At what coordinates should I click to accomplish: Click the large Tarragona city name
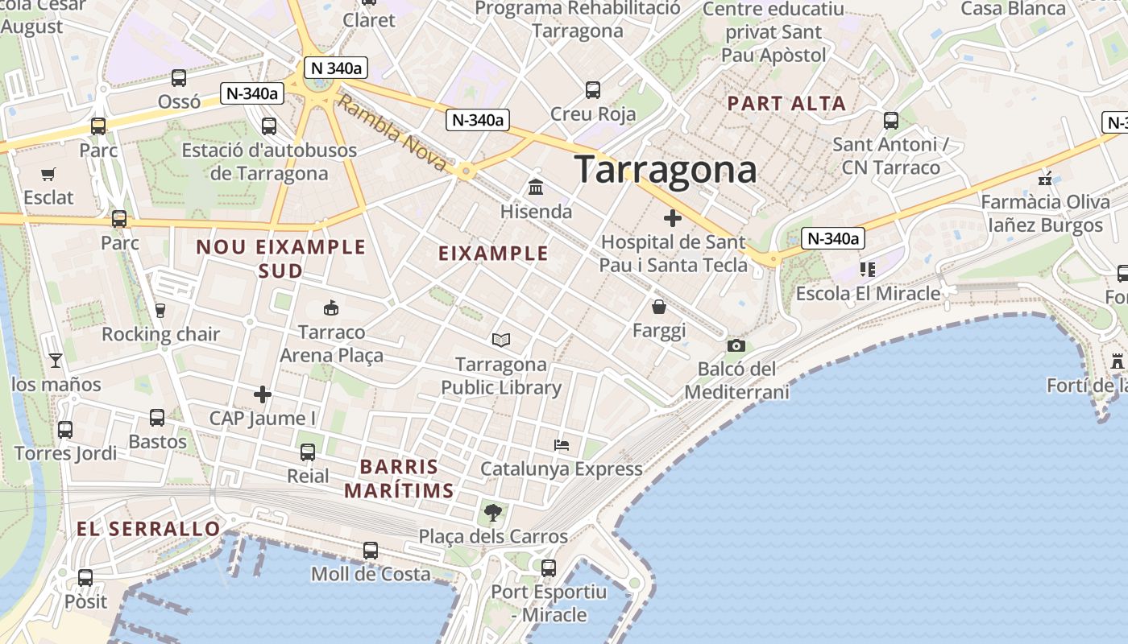pyautogui.click(x=666, y=170)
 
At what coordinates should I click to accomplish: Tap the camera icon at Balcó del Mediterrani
pyautogui.click(x=736, y=345)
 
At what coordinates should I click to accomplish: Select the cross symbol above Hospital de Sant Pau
pyautogui.click(x=673, y=218)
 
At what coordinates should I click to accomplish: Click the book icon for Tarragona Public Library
pyautogui.click(x=501, y=341)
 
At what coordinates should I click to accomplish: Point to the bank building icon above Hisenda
pyautogui.click(x=535, y=188)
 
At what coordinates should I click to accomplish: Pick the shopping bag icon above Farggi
pyautogui.click(x=659, y=307)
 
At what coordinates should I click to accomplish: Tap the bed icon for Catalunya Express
pyautogui.click(x=562, y=444)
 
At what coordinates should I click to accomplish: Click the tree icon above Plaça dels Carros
pyautogui.click(x=492, y=512)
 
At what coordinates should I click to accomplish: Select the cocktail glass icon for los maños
pyautogui.click(x=55, y=360)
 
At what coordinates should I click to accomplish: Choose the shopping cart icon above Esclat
pyautogui.click(x=48, y=174)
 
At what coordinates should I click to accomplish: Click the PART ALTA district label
pyautogui.click(x=786, y=103)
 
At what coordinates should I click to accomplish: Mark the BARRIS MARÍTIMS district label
pyautogui.click(x=399, y=478)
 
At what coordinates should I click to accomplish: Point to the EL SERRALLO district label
pyautogui.click(x=148, y=529)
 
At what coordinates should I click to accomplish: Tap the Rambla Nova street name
pyautogui.click(x=391, y=133)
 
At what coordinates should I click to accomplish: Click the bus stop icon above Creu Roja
pyautogui.click(x=593, y=90)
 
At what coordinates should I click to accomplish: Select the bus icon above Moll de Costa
pyautogui.click(x=371, y=551)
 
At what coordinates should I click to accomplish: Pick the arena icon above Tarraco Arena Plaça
pyautogui.click(x=330, y=308)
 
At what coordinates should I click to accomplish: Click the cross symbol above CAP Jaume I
pyautogui.click(x=263, y=394)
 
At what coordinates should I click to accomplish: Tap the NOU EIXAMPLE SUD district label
pyautogui.click(x=280, y=258)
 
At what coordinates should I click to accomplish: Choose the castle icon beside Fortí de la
pyautogui.click(x=1118, y=361)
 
